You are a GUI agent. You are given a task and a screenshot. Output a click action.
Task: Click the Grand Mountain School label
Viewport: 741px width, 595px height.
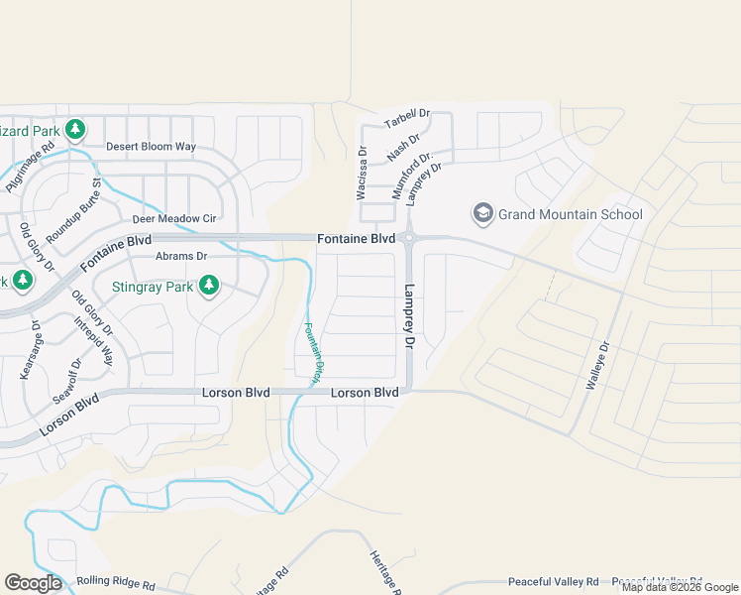pos(570,214)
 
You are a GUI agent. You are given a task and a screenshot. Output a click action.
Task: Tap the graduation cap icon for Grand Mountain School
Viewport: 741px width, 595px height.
pos(482,213)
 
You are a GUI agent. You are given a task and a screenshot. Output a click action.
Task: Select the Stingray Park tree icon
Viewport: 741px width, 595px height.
pos(208,287)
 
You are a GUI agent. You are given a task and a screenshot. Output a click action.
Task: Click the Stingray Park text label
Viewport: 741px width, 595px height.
pos(152,288)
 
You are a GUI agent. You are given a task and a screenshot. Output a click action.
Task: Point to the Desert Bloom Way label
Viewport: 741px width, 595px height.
pos(151,147)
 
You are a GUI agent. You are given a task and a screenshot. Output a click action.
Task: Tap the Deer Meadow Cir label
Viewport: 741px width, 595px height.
pos(173,218)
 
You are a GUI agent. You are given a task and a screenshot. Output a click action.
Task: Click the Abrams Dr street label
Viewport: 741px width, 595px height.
pos(181,256)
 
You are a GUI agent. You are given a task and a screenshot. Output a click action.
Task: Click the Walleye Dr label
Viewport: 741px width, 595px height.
pos(598,367)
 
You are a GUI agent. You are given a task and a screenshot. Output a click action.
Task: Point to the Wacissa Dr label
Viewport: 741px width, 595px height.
pos(362,175)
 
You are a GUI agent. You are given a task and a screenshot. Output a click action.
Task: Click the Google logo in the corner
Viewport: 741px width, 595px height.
pos(33,583)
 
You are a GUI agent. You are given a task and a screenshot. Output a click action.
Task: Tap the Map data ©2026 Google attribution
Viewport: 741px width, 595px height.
pos(680,587)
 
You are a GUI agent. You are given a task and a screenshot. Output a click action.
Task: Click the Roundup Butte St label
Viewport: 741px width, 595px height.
pos(75,211)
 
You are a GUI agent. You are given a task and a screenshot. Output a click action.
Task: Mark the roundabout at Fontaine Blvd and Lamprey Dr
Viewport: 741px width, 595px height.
pos(408,238)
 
